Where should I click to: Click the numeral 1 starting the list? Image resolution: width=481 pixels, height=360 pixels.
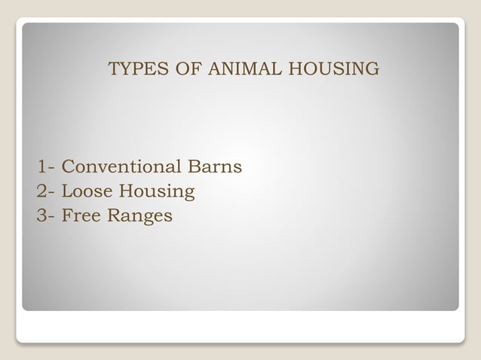41,166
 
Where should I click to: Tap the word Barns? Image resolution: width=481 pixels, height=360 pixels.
221,166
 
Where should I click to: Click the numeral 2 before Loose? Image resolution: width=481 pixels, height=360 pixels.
41,191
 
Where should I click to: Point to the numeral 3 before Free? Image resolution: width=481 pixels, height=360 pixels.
41,216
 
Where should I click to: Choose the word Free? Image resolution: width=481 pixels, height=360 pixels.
81,216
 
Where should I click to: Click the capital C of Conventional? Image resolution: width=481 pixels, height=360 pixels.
67,166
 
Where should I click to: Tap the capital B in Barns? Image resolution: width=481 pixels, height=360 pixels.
206,166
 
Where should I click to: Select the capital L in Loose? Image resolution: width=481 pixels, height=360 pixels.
66,191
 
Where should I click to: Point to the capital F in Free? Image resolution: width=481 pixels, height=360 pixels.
66,216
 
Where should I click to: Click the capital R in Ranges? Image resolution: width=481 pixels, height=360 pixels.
113,216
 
